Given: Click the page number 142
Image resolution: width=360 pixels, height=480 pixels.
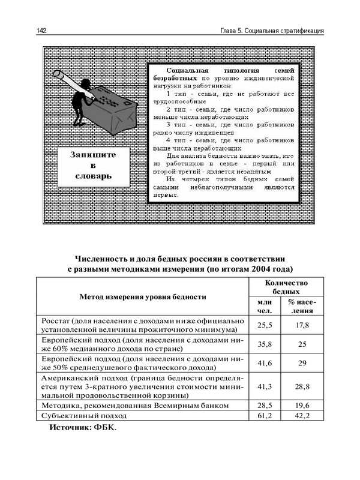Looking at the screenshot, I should click(41, 31).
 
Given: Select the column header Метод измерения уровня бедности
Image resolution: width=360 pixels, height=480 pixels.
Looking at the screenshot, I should click(143, 296).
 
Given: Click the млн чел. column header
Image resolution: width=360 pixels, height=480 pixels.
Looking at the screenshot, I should click(265, 307).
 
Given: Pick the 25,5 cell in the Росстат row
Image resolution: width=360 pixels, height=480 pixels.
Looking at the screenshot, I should click(265, 325).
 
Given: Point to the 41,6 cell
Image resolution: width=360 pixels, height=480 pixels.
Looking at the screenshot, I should click(265, 364).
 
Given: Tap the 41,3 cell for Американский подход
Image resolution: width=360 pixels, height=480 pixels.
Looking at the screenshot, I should click(265, 388).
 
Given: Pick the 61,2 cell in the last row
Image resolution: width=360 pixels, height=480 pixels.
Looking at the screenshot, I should click(265, 415).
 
